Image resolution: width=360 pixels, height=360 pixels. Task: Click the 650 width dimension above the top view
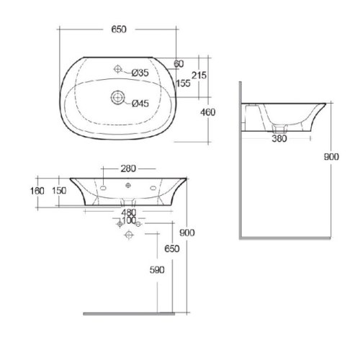point(120,29)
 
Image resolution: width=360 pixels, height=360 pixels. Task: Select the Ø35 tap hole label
point(141,72)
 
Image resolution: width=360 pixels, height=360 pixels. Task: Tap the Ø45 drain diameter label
point(141,104)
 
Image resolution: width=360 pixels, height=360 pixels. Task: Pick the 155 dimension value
point(184,83)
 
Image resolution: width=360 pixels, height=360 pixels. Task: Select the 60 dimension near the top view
point(179,64)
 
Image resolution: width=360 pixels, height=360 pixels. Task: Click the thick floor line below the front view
point(130,314)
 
